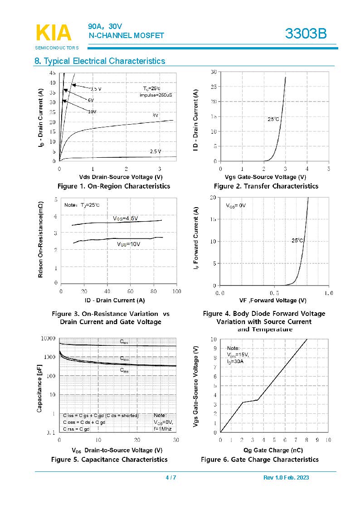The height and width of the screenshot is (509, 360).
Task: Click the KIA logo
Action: point(53,33)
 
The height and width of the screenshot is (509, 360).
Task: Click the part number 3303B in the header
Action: point(306,34)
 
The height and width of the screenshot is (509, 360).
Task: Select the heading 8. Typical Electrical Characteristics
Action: point(100,61)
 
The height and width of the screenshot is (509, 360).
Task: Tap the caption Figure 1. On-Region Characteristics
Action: point(114,186)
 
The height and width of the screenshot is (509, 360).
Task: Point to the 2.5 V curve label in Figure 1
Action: point(156,151)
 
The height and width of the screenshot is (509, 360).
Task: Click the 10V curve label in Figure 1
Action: point(92,111)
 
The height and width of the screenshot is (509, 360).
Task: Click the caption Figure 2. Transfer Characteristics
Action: point(266,186)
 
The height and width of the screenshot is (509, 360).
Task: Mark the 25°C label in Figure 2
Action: point(273,119)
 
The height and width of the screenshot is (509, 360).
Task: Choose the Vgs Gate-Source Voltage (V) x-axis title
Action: point(265,177)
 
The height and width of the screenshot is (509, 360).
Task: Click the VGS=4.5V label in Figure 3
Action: point(125,218)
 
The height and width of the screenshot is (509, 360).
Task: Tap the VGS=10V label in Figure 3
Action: point(129,244)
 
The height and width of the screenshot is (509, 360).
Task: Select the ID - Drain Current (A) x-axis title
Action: point(115,300)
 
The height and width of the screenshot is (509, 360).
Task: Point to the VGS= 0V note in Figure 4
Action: point(236,205)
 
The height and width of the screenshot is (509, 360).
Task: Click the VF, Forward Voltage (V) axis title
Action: point(272,300)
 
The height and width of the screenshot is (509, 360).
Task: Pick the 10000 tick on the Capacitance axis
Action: point(48,339)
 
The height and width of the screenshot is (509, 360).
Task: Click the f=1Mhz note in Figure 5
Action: point(162,428)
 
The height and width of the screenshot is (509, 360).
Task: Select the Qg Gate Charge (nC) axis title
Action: point(273,450)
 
